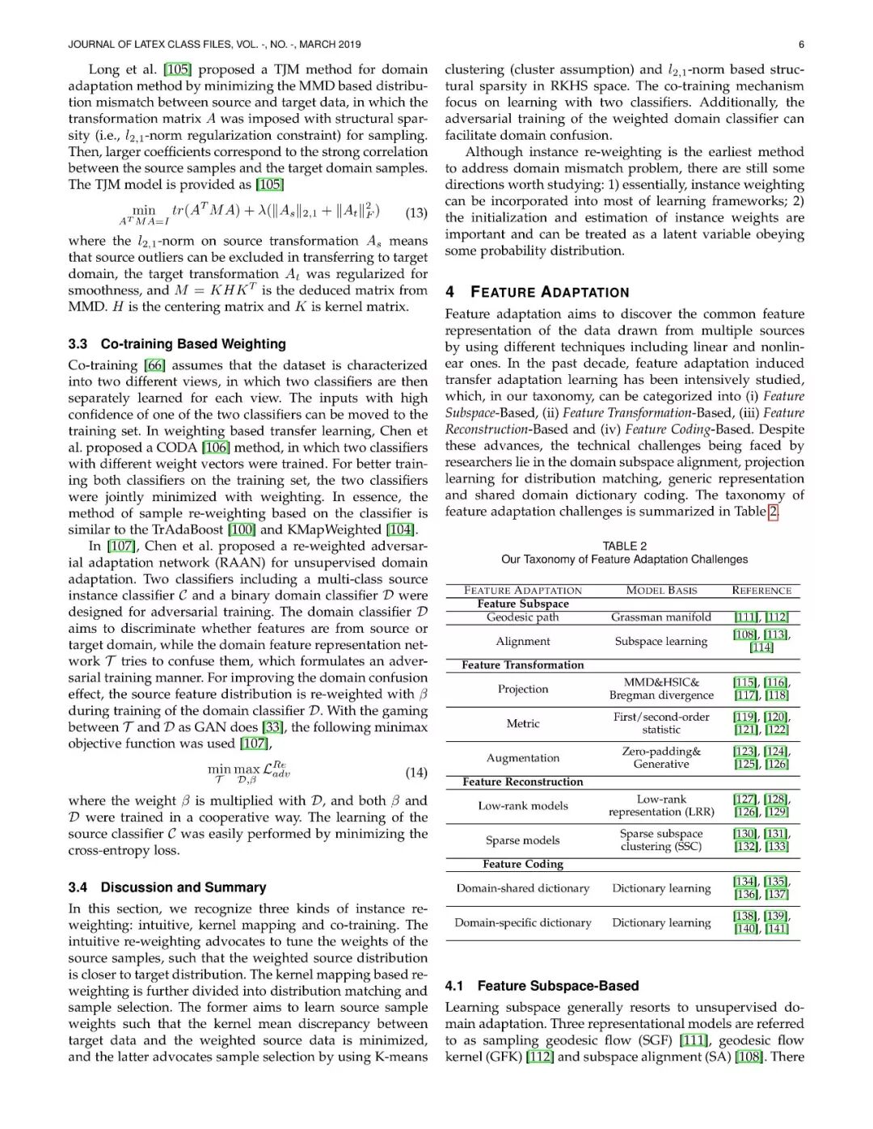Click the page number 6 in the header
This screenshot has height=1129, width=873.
pos(801,44)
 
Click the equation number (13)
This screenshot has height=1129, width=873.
pos(416,213)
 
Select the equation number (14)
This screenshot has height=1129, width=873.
pos(416,773)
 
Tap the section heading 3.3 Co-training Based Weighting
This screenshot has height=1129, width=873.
pos(177,343)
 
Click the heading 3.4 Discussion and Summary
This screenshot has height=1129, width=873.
pos(167,887)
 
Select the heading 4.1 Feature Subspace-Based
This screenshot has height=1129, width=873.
pos(542,985)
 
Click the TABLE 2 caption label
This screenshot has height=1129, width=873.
pos(624,546)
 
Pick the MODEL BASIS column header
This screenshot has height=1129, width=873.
pos(661,590)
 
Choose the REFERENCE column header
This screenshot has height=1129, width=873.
pos(761,590)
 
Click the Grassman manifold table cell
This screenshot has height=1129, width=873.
pos(661,617)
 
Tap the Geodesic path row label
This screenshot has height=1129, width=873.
pos(523,617)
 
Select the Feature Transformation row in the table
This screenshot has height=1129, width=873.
pos(523,664)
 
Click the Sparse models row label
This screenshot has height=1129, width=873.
pos(523,840)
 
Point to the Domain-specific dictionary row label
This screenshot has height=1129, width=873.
pos(523,922)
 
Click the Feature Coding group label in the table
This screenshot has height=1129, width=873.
pos(523,864)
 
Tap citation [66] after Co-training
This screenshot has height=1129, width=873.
pos(154,365)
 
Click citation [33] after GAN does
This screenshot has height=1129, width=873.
pos(272,727)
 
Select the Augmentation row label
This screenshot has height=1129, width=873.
pos(523,757)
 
